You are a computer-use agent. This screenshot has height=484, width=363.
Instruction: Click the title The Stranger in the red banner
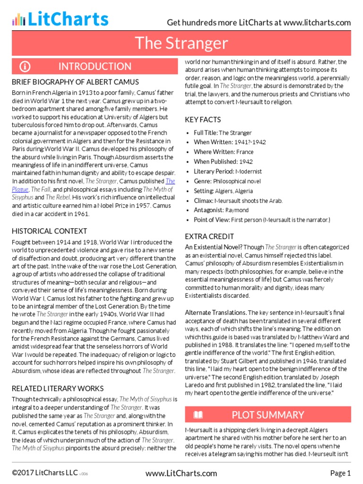click(x=181, y=43)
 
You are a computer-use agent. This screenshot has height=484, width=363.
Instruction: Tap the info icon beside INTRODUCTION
click(x=25, y=66)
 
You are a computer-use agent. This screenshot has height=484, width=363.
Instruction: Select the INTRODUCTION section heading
click(x=95, y=66)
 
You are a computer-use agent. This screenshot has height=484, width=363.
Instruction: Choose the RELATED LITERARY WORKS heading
click(x=58, y=389)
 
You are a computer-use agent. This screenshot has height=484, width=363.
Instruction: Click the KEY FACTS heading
click(x=203, y=120)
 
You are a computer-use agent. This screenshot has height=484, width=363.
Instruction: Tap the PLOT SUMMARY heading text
click(x=268, y=415)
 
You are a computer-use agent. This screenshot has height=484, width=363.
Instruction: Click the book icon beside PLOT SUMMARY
click(x=198, y=415)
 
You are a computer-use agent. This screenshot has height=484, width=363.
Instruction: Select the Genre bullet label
click(x=203, y=181)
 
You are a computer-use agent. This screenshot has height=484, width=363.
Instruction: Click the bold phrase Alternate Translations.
click(x=216, y=312)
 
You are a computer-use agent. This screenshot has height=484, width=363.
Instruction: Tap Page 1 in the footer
click(x=340, y=473)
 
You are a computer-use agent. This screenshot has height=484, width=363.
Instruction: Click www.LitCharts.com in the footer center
click(x=181, y=473)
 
